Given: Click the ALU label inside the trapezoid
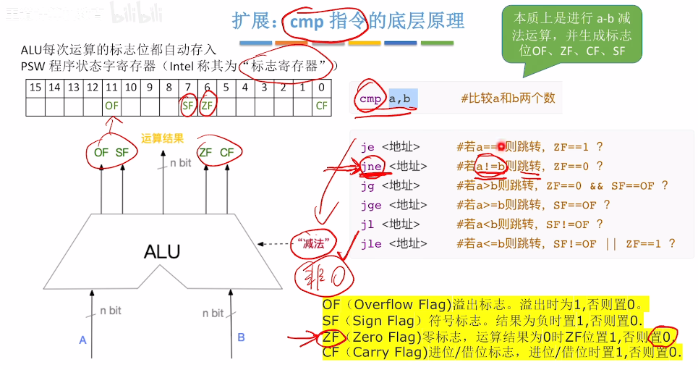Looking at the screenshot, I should (x=162, y=251).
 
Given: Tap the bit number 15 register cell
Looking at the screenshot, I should (x=35, y=88).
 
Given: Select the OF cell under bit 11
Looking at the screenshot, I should (x=111, y=106).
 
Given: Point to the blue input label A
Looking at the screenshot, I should (x=82, y=338).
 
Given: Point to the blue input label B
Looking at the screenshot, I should (x=241, y=337).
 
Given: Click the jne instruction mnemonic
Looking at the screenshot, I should (x=372, y=166).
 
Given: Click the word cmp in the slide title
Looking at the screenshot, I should (x=307, y=22).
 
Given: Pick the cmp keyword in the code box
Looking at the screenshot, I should (x=370, y=98).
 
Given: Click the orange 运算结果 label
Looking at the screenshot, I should (x=163, y=138).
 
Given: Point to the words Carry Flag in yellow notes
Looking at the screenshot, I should (x=388, y=353).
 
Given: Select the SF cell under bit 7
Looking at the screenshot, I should (x=188, y=106).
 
